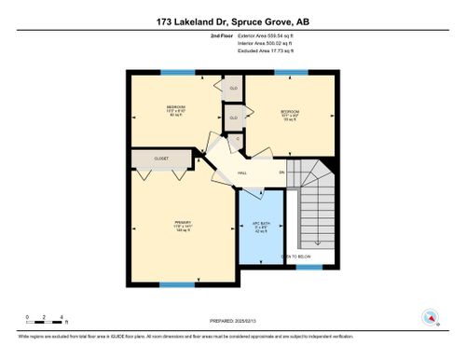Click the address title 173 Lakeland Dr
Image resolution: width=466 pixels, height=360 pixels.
tap(232, 20)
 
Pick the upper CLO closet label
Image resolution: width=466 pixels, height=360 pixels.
tap(234, 89)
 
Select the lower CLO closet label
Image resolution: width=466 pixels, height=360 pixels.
tap(234, 118)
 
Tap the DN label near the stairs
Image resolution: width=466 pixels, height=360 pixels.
tap(281, 172)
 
